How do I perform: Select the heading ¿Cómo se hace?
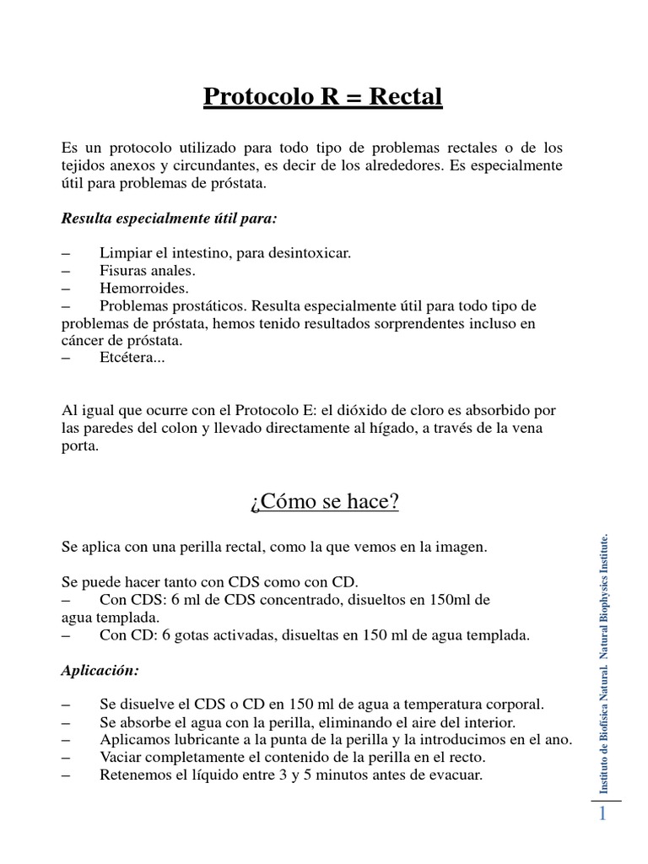[x=324, y=503]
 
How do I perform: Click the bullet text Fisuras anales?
[x=147, y=271]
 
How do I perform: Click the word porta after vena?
[x=80, y=447]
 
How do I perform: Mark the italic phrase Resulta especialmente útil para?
[x=170, y=219]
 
